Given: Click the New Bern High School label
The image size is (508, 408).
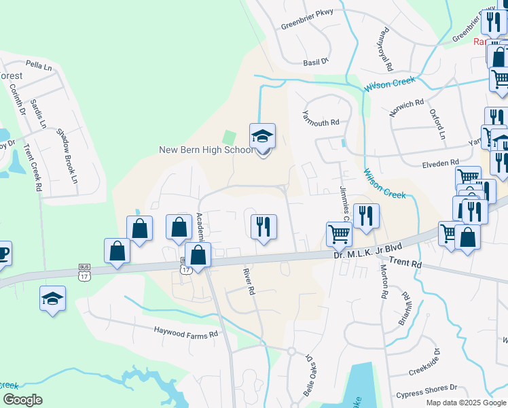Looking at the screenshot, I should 206,150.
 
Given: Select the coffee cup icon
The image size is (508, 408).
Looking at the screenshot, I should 2,254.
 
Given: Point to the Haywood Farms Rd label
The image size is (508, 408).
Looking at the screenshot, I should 186,334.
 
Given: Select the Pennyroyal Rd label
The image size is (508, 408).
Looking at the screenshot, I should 388,49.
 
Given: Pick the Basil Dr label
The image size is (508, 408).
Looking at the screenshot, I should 315,61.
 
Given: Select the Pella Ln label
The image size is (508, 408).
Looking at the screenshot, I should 38,66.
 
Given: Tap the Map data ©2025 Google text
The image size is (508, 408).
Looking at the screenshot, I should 466,403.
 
